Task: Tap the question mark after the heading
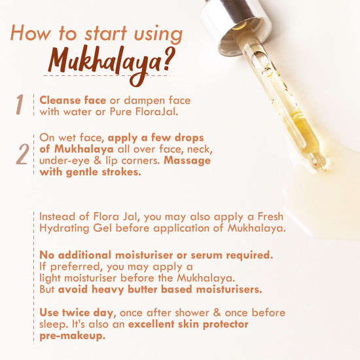[x=170, y=58]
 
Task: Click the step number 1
[x=20, y=105]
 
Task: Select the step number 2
[x=22, y=154]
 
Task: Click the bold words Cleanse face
[x=73, y=100]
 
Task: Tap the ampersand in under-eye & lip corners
[x=98, y=160]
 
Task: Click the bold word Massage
[x=187, y=161]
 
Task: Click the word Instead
[x=57, y=217]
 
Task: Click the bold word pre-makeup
[x=72, y=336]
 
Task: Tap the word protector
[x=226, y=325]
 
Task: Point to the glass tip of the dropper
[x=319, y=162]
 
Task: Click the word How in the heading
[x=30, y=33]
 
